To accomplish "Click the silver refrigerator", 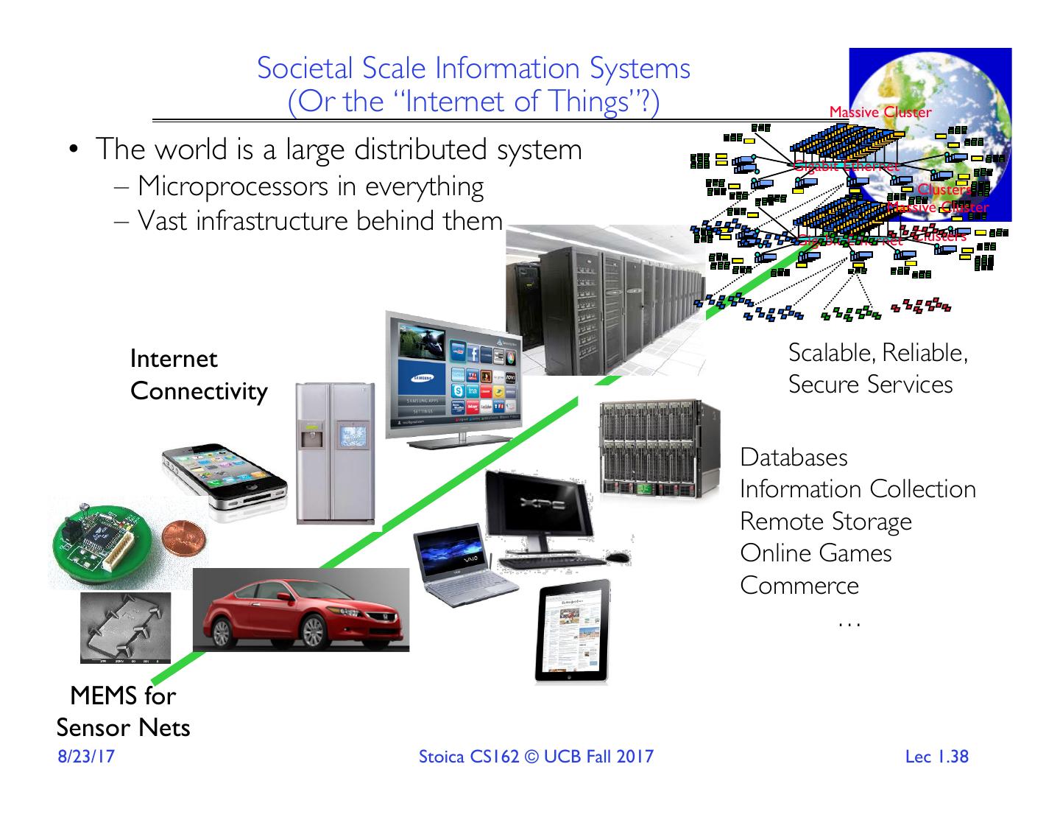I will [331, 453].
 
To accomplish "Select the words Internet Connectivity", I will [198, 375].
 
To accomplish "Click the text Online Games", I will [816, 553].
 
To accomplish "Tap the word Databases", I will [794, 458].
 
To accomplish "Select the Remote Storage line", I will [825, 522].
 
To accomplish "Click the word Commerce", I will [799, 586].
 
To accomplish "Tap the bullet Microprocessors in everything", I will [310, 187].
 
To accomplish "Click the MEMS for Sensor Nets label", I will [123, 712].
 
